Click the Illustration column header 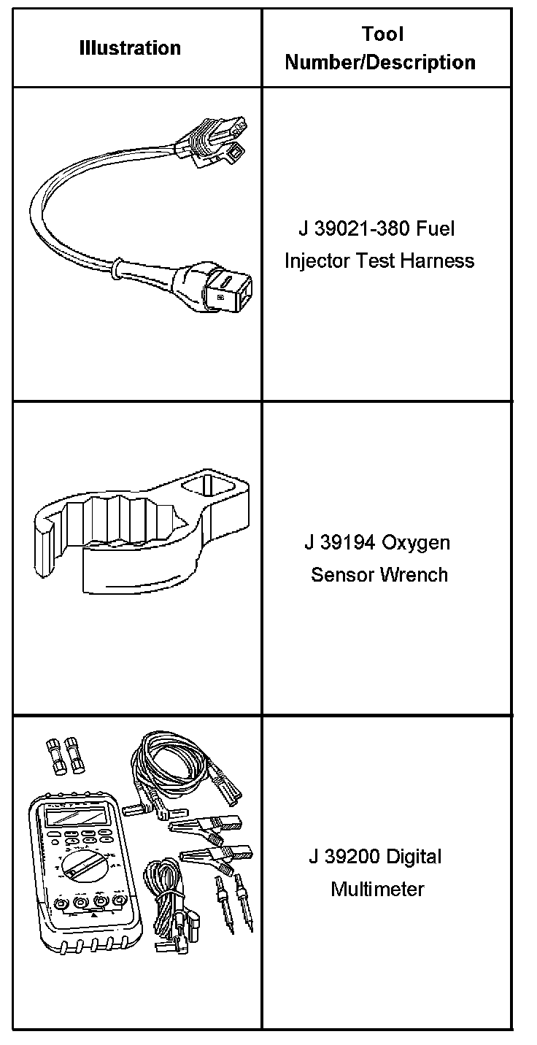coord(130,48)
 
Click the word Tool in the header coord(382,34)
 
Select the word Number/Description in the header coord(380,63)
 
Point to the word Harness coord(439,261)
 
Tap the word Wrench coord(414,574)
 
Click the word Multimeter coord(377,890)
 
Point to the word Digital coord(414,857)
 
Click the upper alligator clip coord(199,824)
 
